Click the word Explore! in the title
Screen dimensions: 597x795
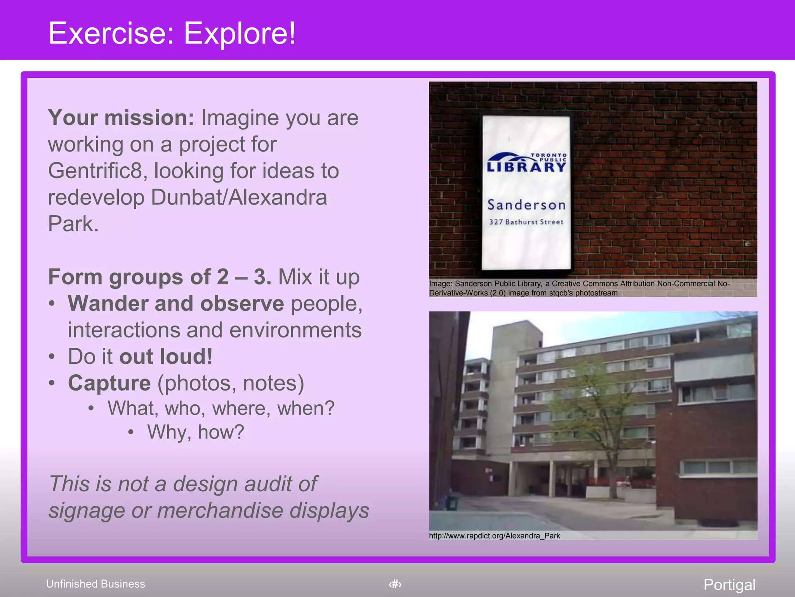[240, 33]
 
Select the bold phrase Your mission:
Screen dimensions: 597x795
[121, 118]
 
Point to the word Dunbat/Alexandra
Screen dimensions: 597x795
[239, 197]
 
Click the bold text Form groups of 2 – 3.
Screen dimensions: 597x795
[160, 277]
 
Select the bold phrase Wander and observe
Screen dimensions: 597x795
[176, 304]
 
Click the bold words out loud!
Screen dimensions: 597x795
[166, 357]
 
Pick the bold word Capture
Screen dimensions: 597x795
[109, 383]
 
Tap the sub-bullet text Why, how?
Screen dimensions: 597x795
[195, 432]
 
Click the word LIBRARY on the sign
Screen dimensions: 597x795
[526, 168]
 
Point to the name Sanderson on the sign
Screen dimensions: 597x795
[526, 205]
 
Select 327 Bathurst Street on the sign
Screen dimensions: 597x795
[526, 222]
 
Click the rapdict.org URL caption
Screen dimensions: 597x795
[494, 536]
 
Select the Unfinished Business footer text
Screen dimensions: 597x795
[95, 584]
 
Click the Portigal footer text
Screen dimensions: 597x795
[729, 585]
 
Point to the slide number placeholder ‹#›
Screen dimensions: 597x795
[395, 584]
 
